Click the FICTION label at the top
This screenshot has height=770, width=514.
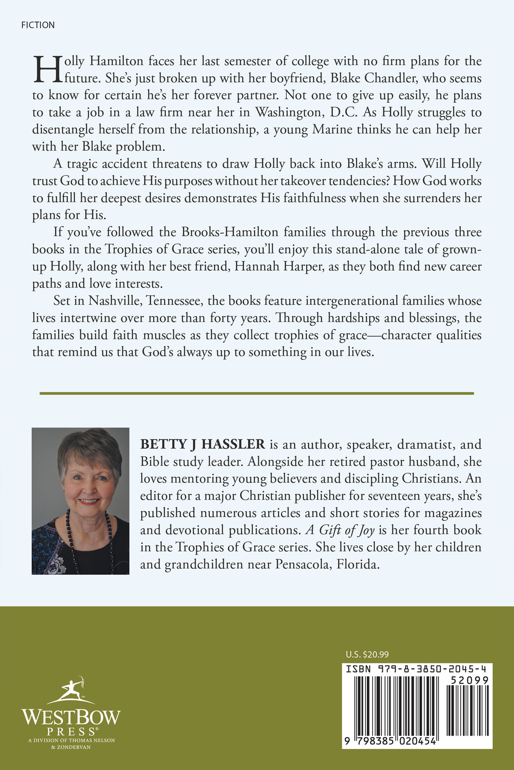[38, 25]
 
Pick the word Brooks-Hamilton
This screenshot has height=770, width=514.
[230, 232]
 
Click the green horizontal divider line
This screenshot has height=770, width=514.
[256, 393]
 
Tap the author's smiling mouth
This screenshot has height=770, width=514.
[88, 501]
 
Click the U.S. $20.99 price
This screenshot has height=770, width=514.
[367, 654]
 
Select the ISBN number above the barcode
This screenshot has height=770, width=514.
[417, 669]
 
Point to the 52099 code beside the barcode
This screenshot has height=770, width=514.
[469, 680]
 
